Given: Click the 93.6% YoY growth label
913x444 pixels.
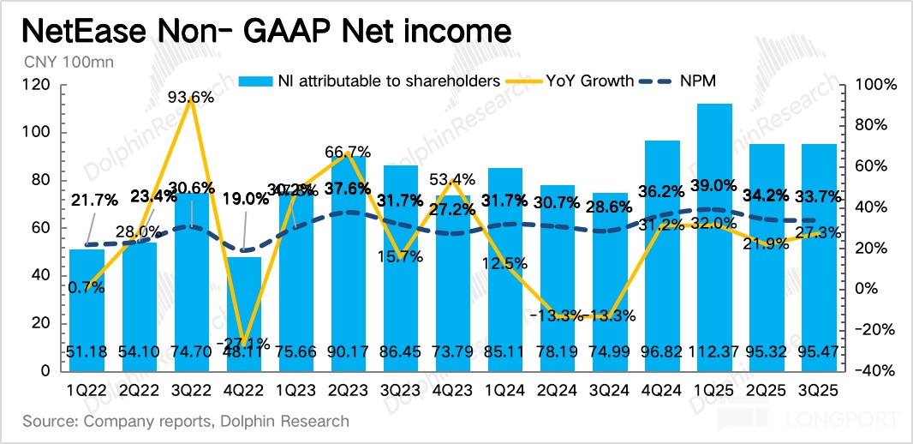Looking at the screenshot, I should (191, 98).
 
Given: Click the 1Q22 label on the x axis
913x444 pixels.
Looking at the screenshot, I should (87, 390).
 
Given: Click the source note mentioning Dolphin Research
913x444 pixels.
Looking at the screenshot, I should (186, 421).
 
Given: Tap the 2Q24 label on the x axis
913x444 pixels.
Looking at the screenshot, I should (558, 390).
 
